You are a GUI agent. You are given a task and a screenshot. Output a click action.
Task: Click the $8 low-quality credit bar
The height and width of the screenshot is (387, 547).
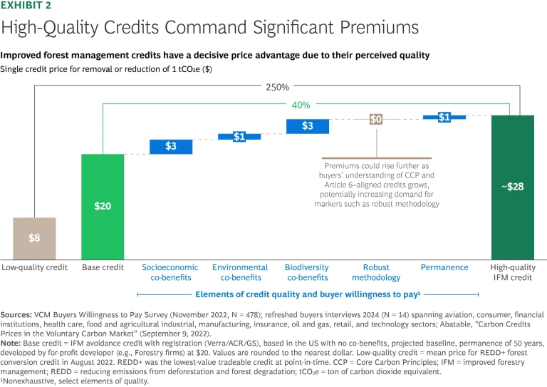[34, 238]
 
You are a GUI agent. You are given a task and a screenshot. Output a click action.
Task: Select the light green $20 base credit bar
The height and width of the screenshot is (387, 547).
[103, 206]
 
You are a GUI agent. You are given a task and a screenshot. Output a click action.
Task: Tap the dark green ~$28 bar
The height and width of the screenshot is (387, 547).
[512, 186]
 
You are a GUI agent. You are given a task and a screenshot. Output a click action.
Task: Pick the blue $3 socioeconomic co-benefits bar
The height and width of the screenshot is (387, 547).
[171, 146]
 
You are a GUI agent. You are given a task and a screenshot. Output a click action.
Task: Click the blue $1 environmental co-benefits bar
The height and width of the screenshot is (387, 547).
[239, 136]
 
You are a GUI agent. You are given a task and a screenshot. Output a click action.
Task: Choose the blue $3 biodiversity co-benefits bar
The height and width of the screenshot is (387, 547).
[307, 126]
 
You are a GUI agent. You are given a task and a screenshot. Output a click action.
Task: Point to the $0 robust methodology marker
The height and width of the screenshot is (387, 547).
[375, 119]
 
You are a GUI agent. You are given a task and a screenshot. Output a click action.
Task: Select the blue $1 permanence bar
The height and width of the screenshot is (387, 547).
[444, 117]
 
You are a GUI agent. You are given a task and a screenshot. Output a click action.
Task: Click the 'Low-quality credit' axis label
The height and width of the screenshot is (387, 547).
[34, 267]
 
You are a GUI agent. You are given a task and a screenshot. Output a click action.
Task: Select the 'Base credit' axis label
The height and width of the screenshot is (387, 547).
[103, 267]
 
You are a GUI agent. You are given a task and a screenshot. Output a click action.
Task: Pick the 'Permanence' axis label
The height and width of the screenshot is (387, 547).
[444, 267]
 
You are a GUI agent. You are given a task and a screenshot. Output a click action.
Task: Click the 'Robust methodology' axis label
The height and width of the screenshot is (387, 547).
[375, 272]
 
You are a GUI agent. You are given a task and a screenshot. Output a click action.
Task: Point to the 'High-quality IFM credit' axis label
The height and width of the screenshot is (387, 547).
[512, 272]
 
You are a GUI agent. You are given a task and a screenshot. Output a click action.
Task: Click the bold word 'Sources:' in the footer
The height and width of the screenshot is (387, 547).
[19, 314]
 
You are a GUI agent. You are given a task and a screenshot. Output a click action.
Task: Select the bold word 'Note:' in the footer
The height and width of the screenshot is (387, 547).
[14, 342]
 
